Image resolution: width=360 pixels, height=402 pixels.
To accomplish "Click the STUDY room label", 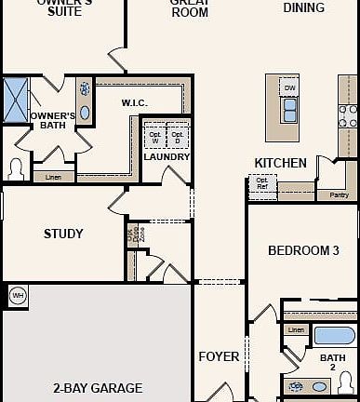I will coord(63,234).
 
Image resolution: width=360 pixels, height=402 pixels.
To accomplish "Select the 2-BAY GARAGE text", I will coord(98,388).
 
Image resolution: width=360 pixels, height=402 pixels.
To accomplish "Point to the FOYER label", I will coord(219,356).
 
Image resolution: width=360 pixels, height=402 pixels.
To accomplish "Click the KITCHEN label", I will coord(280,163).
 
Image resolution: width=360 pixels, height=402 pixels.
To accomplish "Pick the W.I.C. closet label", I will coord(136,101).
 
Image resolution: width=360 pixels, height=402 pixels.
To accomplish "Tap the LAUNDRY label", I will coord(167,156).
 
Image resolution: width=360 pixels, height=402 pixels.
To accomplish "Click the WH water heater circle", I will coord(17,296).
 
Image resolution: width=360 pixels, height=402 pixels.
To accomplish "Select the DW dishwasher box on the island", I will coord(290,88).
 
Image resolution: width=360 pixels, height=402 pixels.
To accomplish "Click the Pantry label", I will coord(340,194).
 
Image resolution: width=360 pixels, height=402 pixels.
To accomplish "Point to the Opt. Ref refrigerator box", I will coord(262,184).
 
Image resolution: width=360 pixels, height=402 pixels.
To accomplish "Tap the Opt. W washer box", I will coord(155,137).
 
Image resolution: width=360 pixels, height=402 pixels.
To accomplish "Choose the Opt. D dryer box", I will coord(178,137).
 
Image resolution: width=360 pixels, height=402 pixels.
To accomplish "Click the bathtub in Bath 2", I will coord(333,335).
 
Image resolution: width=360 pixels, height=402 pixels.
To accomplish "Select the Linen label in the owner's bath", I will coord(54,176).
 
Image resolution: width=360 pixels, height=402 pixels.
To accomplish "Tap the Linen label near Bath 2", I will coord(296,330).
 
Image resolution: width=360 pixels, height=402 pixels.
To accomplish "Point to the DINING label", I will coord(304,7).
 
